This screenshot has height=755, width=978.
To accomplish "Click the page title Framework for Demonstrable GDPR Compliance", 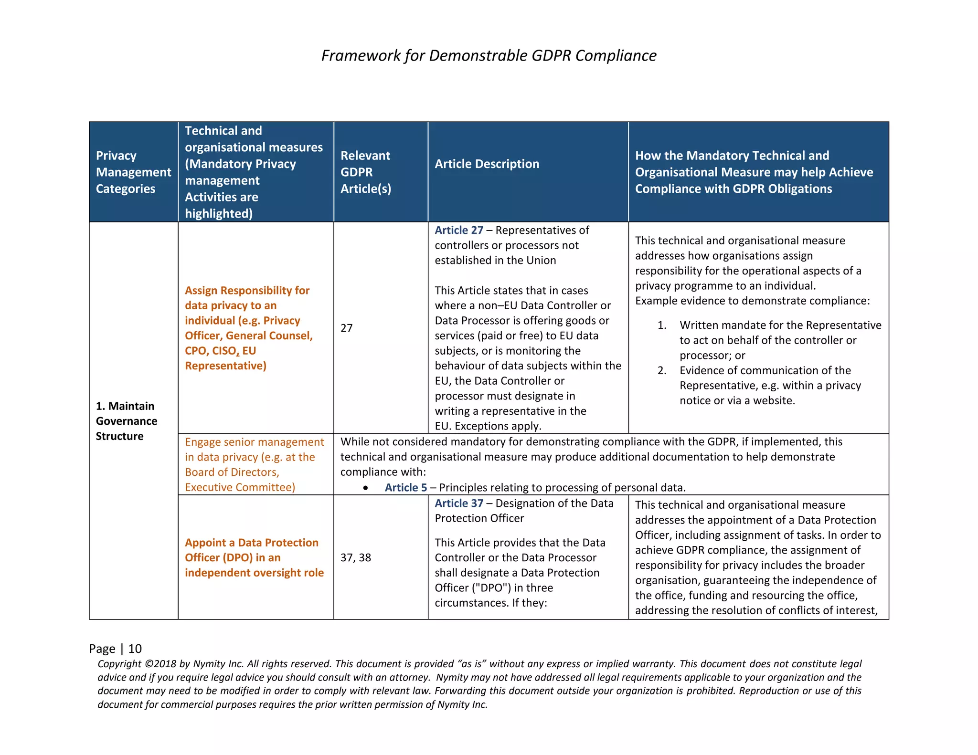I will pos(489,55).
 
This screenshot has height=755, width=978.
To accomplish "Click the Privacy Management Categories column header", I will pos(133,172).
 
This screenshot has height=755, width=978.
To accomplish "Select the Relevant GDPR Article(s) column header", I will pos(365,172).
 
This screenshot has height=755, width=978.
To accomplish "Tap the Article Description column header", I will pos(487,164).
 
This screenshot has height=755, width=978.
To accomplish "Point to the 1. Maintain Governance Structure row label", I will pos(126,420).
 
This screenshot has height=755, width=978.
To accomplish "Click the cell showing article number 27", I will pos(347,328).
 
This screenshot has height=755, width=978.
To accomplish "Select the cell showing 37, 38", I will pos(356,557).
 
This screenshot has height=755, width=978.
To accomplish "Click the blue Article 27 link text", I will pos(458,230).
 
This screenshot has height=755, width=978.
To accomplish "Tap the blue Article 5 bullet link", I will pos(406,487).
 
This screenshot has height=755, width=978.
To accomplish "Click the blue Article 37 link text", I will pos(458,503).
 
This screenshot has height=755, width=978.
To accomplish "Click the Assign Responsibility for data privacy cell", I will pos(248,328).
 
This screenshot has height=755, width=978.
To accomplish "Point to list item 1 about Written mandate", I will pos(780,340).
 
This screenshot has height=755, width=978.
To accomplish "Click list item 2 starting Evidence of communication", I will pos(770,385).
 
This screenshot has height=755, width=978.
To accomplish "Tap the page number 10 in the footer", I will pos(135,649).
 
